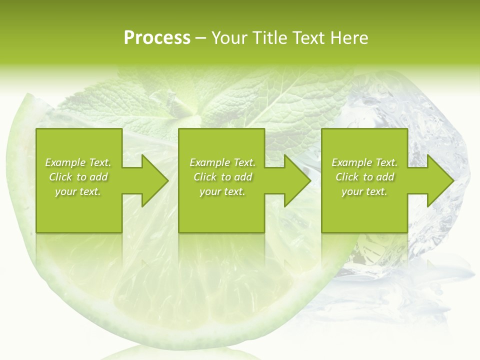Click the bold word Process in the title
157,38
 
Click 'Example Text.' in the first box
78,162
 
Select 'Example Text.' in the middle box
222,162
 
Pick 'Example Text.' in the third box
364,162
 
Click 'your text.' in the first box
78,191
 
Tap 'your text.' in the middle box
222,191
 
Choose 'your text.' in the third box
364,191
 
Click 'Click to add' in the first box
78,177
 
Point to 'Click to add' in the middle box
222,177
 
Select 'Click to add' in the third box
364,177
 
